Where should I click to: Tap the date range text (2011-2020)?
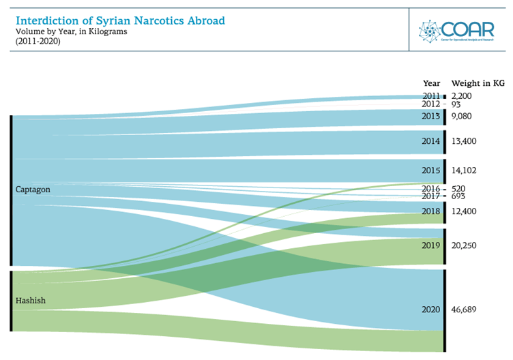click(x=38, y=41)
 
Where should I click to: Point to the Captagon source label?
click(x=33, y=190)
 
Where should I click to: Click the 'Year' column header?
click(x=431, y=83)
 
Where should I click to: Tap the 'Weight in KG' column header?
click(x=478, y=83)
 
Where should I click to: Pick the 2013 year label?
click(x=430, y=117)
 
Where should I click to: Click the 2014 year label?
click(x=430, y=142)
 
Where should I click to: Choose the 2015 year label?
click(x=430, y=170)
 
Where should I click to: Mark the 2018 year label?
click(x=430, y=212)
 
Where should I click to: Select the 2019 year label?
click(x=430, y=245)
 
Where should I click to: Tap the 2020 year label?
click(x=430, y=310)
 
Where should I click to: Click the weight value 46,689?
click(x=464, y=310)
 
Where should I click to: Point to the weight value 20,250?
click(x=464, y=245)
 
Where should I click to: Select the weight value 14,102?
click(x=464, y=170)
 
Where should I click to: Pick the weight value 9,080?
click(x=461, y=117)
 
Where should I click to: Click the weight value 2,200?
click(x=461, y=96)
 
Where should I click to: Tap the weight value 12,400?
click(x=464, y=212)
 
